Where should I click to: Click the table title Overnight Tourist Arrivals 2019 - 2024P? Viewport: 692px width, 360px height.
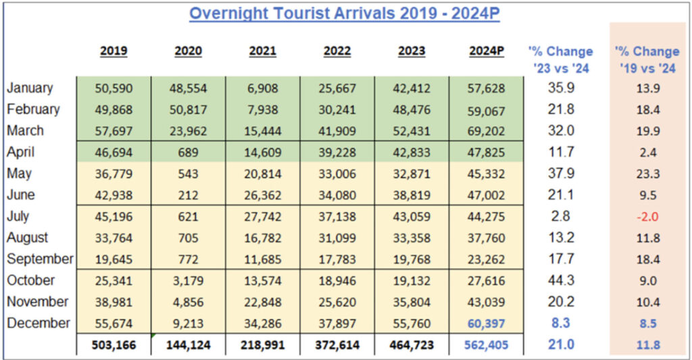point(345,14)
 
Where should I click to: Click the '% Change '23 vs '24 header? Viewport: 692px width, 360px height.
point(560,59)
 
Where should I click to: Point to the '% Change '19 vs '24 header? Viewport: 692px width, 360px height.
point(647,59)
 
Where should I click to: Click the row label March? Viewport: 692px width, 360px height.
point(25,130)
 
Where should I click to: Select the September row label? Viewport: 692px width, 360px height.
point(40,259)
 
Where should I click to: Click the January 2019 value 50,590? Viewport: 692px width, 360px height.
point(114,88)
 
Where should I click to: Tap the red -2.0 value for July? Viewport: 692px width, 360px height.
point(647,216)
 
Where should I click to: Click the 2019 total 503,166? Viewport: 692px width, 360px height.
point(114,345)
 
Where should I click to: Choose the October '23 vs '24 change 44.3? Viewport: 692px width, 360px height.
point(560,280)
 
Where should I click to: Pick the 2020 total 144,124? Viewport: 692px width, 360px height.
point(188,345)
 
